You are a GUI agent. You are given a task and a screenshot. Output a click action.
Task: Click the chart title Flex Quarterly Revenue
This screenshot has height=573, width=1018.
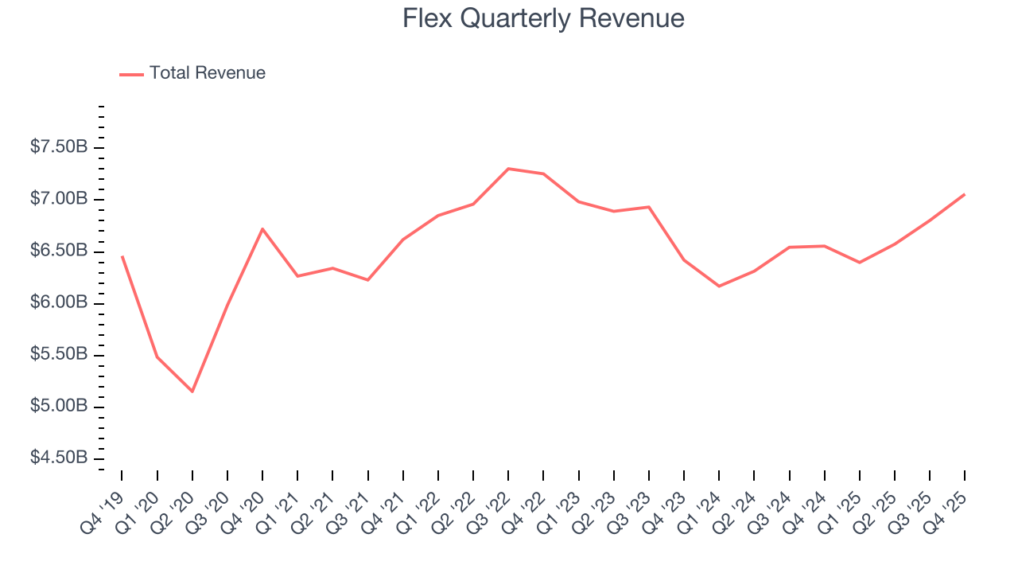[543, 18]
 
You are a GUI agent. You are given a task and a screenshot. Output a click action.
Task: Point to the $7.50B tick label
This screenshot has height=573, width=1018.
[59, 148]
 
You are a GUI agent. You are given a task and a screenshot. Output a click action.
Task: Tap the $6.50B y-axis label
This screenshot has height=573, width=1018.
[59, 251]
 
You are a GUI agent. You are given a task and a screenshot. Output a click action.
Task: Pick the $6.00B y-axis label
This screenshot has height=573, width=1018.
[59, 303]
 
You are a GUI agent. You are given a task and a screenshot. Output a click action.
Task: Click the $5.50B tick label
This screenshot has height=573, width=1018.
[59, 355]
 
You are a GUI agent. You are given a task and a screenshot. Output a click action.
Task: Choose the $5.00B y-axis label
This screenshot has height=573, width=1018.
[59, 407]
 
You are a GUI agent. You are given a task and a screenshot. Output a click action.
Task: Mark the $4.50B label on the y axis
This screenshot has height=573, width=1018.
[59, 458]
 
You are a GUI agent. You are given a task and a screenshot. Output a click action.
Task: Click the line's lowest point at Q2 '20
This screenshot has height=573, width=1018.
[192, 392]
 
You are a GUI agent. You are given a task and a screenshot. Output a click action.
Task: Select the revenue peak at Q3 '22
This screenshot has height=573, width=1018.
[508, 169]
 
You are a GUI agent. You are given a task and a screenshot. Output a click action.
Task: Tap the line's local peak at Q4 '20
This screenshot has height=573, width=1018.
[262, 229]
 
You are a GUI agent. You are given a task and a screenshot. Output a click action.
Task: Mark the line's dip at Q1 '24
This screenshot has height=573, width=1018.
[719, 286]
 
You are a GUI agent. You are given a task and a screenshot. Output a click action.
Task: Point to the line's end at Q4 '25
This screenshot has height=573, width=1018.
[965, 194]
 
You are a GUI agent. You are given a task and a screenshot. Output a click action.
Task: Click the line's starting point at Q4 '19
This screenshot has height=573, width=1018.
[122, 256]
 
